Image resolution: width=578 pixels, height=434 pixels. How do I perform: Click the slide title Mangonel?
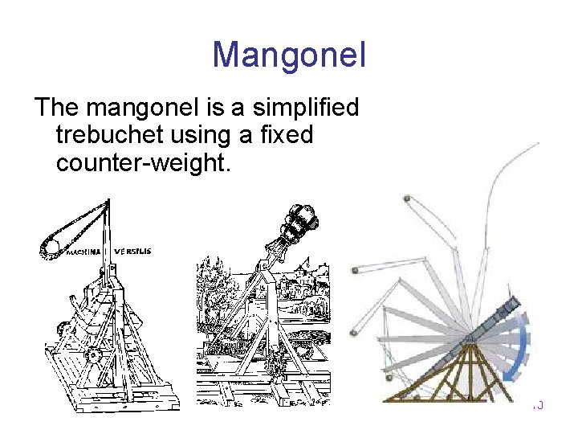[x=289, y=55]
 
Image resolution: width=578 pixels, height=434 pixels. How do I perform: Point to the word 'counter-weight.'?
[x=143, y=163]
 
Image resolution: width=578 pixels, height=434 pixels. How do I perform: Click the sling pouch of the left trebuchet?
[x=48, y=244]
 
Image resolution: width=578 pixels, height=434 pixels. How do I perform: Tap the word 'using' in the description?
[x=220, y=134]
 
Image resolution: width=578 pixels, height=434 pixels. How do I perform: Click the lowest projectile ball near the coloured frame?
[x=387, y=376]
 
